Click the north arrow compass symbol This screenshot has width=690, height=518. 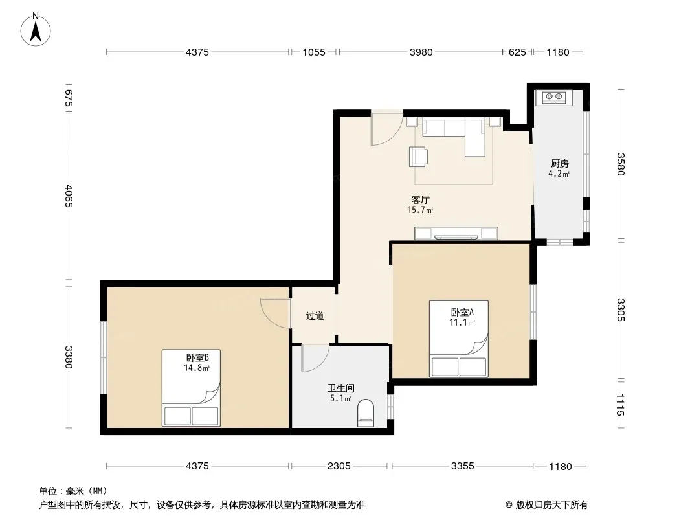(x=36, y=30)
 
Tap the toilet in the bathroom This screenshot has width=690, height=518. (x=365, y=413)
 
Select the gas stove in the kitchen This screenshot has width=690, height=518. (x=553, y=97)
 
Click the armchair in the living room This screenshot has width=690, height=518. (x=418, y=157)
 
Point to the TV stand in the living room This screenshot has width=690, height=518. (x=456, y=233)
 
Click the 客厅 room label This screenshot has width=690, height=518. (x=420, y=200)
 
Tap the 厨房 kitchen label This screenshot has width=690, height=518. (x=559, y=164)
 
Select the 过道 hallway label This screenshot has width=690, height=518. (x=315, y=315)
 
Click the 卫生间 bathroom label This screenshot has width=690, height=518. (x=341, y=388)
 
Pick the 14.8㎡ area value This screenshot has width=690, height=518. (x=197, y=368)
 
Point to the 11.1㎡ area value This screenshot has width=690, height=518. (x=462, y=322)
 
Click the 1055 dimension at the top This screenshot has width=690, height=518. (x=314, y=52)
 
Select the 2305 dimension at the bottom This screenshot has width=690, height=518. (x=339, y=466)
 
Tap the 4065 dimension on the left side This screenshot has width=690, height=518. (x=69, y=196)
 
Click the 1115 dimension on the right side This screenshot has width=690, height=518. (x=620, y=405)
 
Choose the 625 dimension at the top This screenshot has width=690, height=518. (x=517, y=52)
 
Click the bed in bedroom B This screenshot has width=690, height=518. (x=191, y=388)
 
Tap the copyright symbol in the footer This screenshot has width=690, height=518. (x=509, y=505)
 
